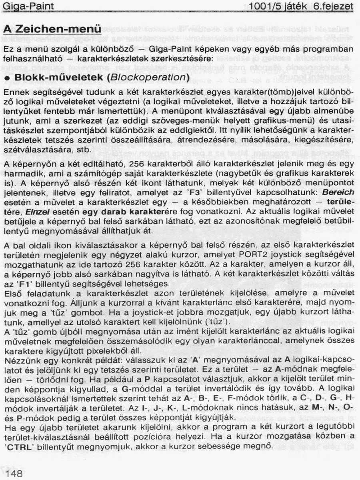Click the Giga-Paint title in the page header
(27, 7)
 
